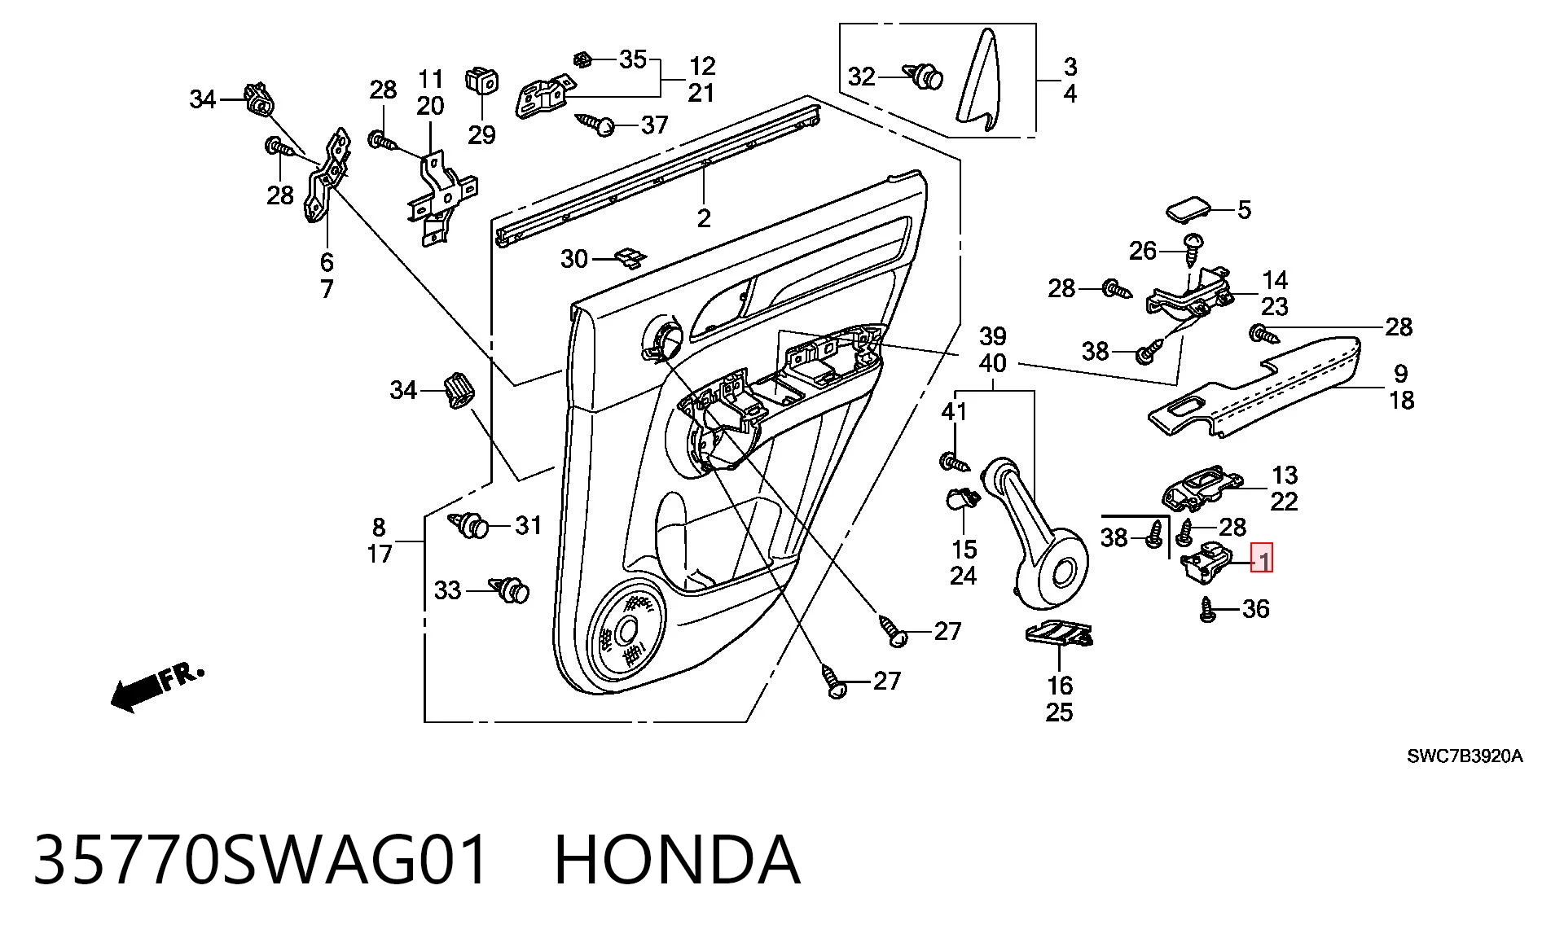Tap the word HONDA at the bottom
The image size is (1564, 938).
[677, 860]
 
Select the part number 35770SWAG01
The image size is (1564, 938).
[262, 860]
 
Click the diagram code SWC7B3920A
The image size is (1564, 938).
[1465, 756]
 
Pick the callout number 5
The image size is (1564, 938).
[1244, 210]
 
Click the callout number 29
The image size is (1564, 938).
[481, 134]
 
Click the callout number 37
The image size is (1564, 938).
[654, 125]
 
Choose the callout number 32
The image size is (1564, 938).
[861, 77]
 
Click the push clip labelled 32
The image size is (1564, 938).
[924, 77]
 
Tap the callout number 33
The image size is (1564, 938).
[447, 590]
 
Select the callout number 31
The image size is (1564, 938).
[529, 525]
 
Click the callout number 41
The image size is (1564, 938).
[954, 412]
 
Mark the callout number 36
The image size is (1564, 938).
[1255, 608]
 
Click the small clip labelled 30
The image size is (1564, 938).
[629, 257]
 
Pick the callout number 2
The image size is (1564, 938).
[704, 218]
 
